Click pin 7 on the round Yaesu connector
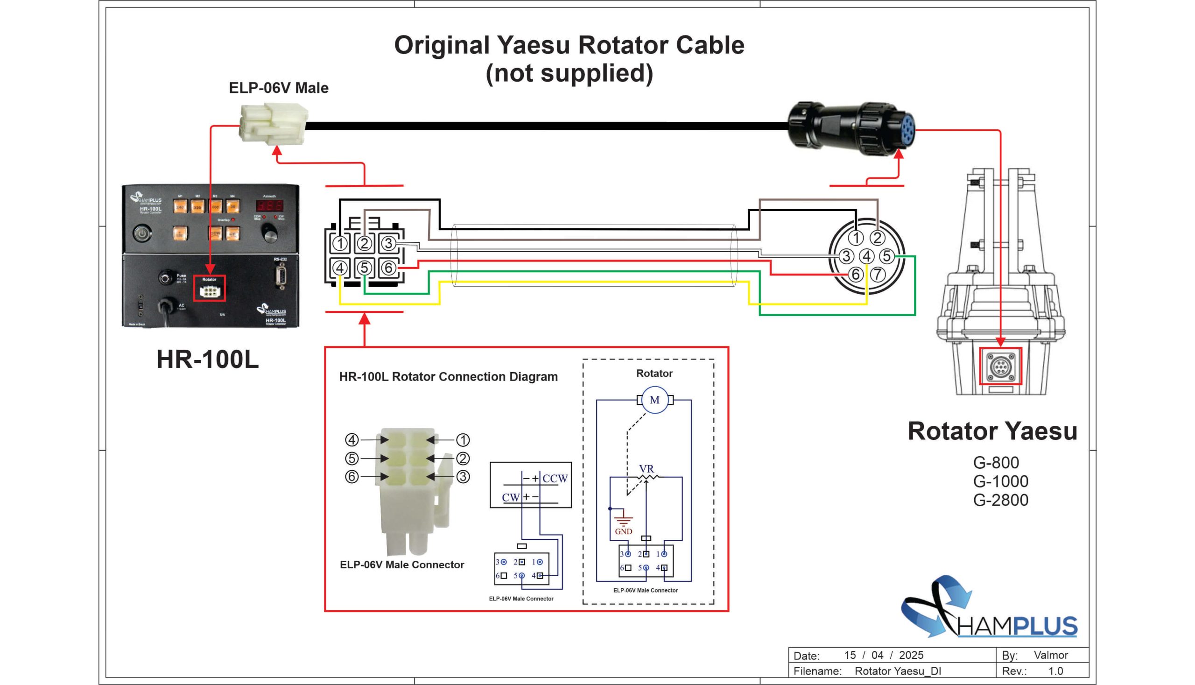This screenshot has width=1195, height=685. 877,274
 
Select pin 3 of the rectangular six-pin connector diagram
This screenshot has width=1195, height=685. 388,243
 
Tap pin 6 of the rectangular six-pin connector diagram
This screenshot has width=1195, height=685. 388,268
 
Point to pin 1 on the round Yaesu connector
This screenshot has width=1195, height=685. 857,238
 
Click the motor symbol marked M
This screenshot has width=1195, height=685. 654,400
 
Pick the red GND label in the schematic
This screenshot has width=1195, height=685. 623,532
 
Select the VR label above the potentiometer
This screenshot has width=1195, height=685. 646,469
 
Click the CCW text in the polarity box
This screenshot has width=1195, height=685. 555,479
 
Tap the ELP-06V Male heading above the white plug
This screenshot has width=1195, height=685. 278,88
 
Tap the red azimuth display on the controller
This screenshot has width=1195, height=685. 269,205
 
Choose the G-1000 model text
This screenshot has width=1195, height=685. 1000,481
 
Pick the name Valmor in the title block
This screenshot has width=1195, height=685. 1050,655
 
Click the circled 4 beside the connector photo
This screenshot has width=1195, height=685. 352,440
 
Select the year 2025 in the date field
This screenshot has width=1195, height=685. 911,655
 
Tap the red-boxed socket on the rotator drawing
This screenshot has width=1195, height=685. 1000,366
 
